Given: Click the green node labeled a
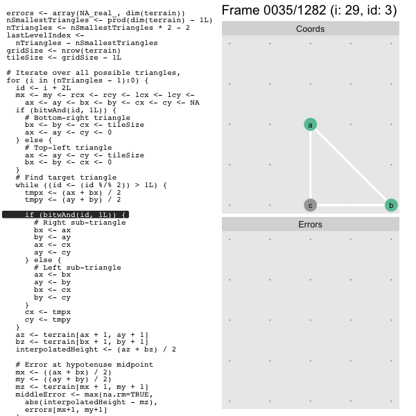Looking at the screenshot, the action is point(310,124).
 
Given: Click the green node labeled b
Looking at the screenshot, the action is point(391,205).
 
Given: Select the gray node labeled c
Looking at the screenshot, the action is point(310,205).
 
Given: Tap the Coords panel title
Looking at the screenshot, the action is point(310,28).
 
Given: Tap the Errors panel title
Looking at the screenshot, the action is point(310,225).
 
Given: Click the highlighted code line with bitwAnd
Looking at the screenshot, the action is point(66,214).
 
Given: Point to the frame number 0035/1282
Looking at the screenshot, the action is point(295,10).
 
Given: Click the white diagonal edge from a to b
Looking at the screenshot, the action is point(351,165).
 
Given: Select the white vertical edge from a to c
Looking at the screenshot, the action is point(310,165).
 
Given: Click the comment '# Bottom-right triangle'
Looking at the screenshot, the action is point(78,118).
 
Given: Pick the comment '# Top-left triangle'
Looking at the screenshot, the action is point(68,148).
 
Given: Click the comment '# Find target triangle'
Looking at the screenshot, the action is point(66,177).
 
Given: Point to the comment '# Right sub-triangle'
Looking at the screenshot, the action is point(80,223).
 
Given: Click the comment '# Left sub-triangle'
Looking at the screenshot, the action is point(78,268).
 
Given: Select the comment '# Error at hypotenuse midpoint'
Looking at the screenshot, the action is point(85,365).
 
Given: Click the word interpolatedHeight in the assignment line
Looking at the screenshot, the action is point(57,349).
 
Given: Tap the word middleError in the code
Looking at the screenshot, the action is point(41,395).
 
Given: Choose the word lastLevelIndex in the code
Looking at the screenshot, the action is point(38,35).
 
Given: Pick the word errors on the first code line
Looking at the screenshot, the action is point(20,13).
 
